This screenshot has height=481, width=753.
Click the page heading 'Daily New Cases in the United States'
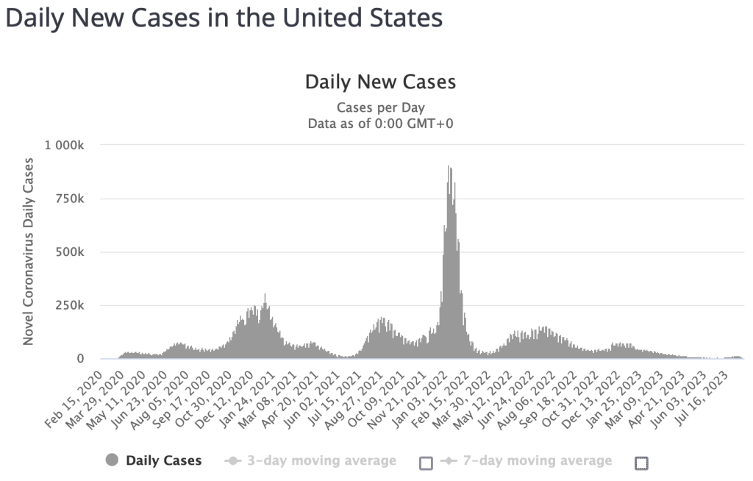pos(224,18)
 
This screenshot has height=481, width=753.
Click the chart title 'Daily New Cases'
pos(380,82)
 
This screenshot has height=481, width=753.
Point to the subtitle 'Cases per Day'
pos(380,107)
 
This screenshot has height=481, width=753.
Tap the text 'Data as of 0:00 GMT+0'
pos(380,124)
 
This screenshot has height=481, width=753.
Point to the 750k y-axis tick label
pos(71,199)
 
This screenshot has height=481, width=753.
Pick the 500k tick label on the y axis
pos(71,252)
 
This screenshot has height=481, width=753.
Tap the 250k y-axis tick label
pos(71,305)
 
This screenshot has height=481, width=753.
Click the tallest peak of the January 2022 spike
pos(449,167)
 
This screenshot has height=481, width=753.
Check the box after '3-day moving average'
pos(426,463)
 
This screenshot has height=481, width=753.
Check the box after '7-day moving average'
pos(641,463)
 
